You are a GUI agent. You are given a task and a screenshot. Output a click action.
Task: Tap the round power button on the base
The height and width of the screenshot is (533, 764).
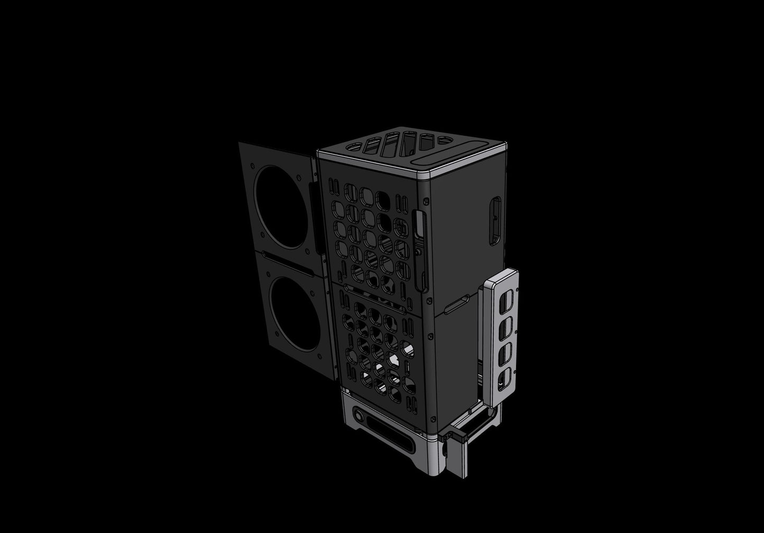click(x=360, y=417)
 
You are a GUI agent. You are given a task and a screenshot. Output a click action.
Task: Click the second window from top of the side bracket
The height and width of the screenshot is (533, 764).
click(x=505, y=325)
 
